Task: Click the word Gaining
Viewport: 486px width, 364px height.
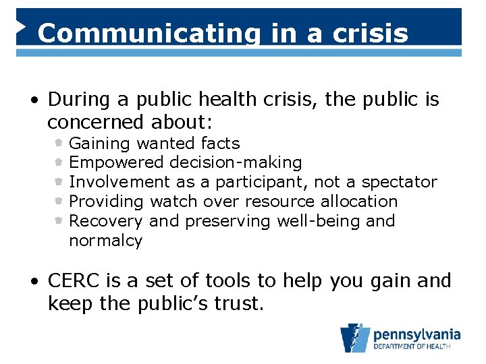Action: pyautogui.click(x=100, y=144)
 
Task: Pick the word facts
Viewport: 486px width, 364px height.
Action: pyautogui.click(x=220, y=143)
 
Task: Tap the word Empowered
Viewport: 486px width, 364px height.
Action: pyautogui.click(x=116, y=162)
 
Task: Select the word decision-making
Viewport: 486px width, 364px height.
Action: pyautogui.click(x=236, y=162)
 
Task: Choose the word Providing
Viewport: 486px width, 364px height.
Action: pyautogui.click(x=107, y=201)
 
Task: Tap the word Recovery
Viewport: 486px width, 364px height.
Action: pyautogui.click(x=106, y=220)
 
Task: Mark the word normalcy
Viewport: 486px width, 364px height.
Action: pyautogui.click(x=105, y=240)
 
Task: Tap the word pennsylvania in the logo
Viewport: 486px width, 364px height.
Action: pyautogui.click(x=416, y=334)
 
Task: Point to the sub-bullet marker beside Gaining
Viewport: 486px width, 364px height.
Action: pyautogui.click(x=59, y=143)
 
